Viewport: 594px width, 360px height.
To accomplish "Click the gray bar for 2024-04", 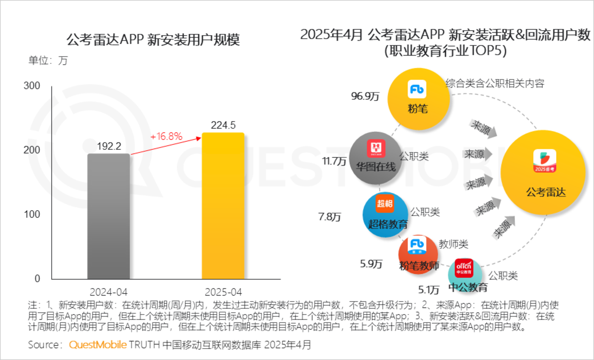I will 108,217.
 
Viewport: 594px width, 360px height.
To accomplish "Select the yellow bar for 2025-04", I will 223,206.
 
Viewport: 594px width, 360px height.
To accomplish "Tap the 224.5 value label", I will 223,125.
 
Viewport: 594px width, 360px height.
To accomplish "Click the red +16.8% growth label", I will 166,137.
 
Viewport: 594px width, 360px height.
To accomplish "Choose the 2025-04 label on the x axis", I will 223,292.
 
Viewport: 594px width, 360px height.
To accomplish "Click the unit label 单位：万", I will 48,61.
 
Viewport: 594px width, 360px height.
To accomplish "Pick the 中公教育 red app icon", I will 464,267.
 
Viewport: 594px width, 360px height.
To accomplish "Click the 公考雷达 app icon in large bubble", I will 545,161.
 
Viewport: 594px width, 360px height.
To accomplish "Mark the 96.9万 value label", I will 365,96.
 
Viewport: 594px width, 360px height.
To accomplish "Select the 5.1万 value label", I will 428,290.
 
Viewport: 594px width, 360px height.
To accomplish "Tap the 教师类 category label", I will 453,245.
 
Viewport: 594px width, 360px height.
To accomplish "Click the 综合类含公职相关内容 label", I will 495,83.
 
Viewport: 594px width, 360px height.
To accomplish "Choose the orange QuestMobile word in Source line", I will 98,345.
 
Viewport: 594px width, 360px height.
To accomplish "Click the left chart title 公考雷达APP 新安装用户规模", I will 153,40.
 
